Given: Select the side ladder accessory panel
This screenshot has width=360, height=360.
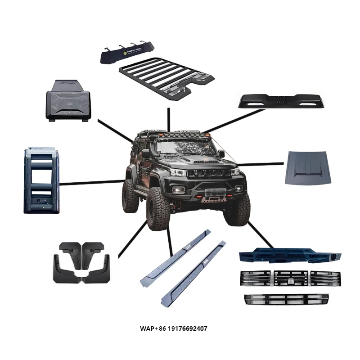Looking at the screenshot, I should (x=41, y=180).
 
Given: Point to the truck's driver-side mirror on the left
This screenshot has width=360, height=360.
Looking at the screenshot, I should (x=145, y=154).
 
